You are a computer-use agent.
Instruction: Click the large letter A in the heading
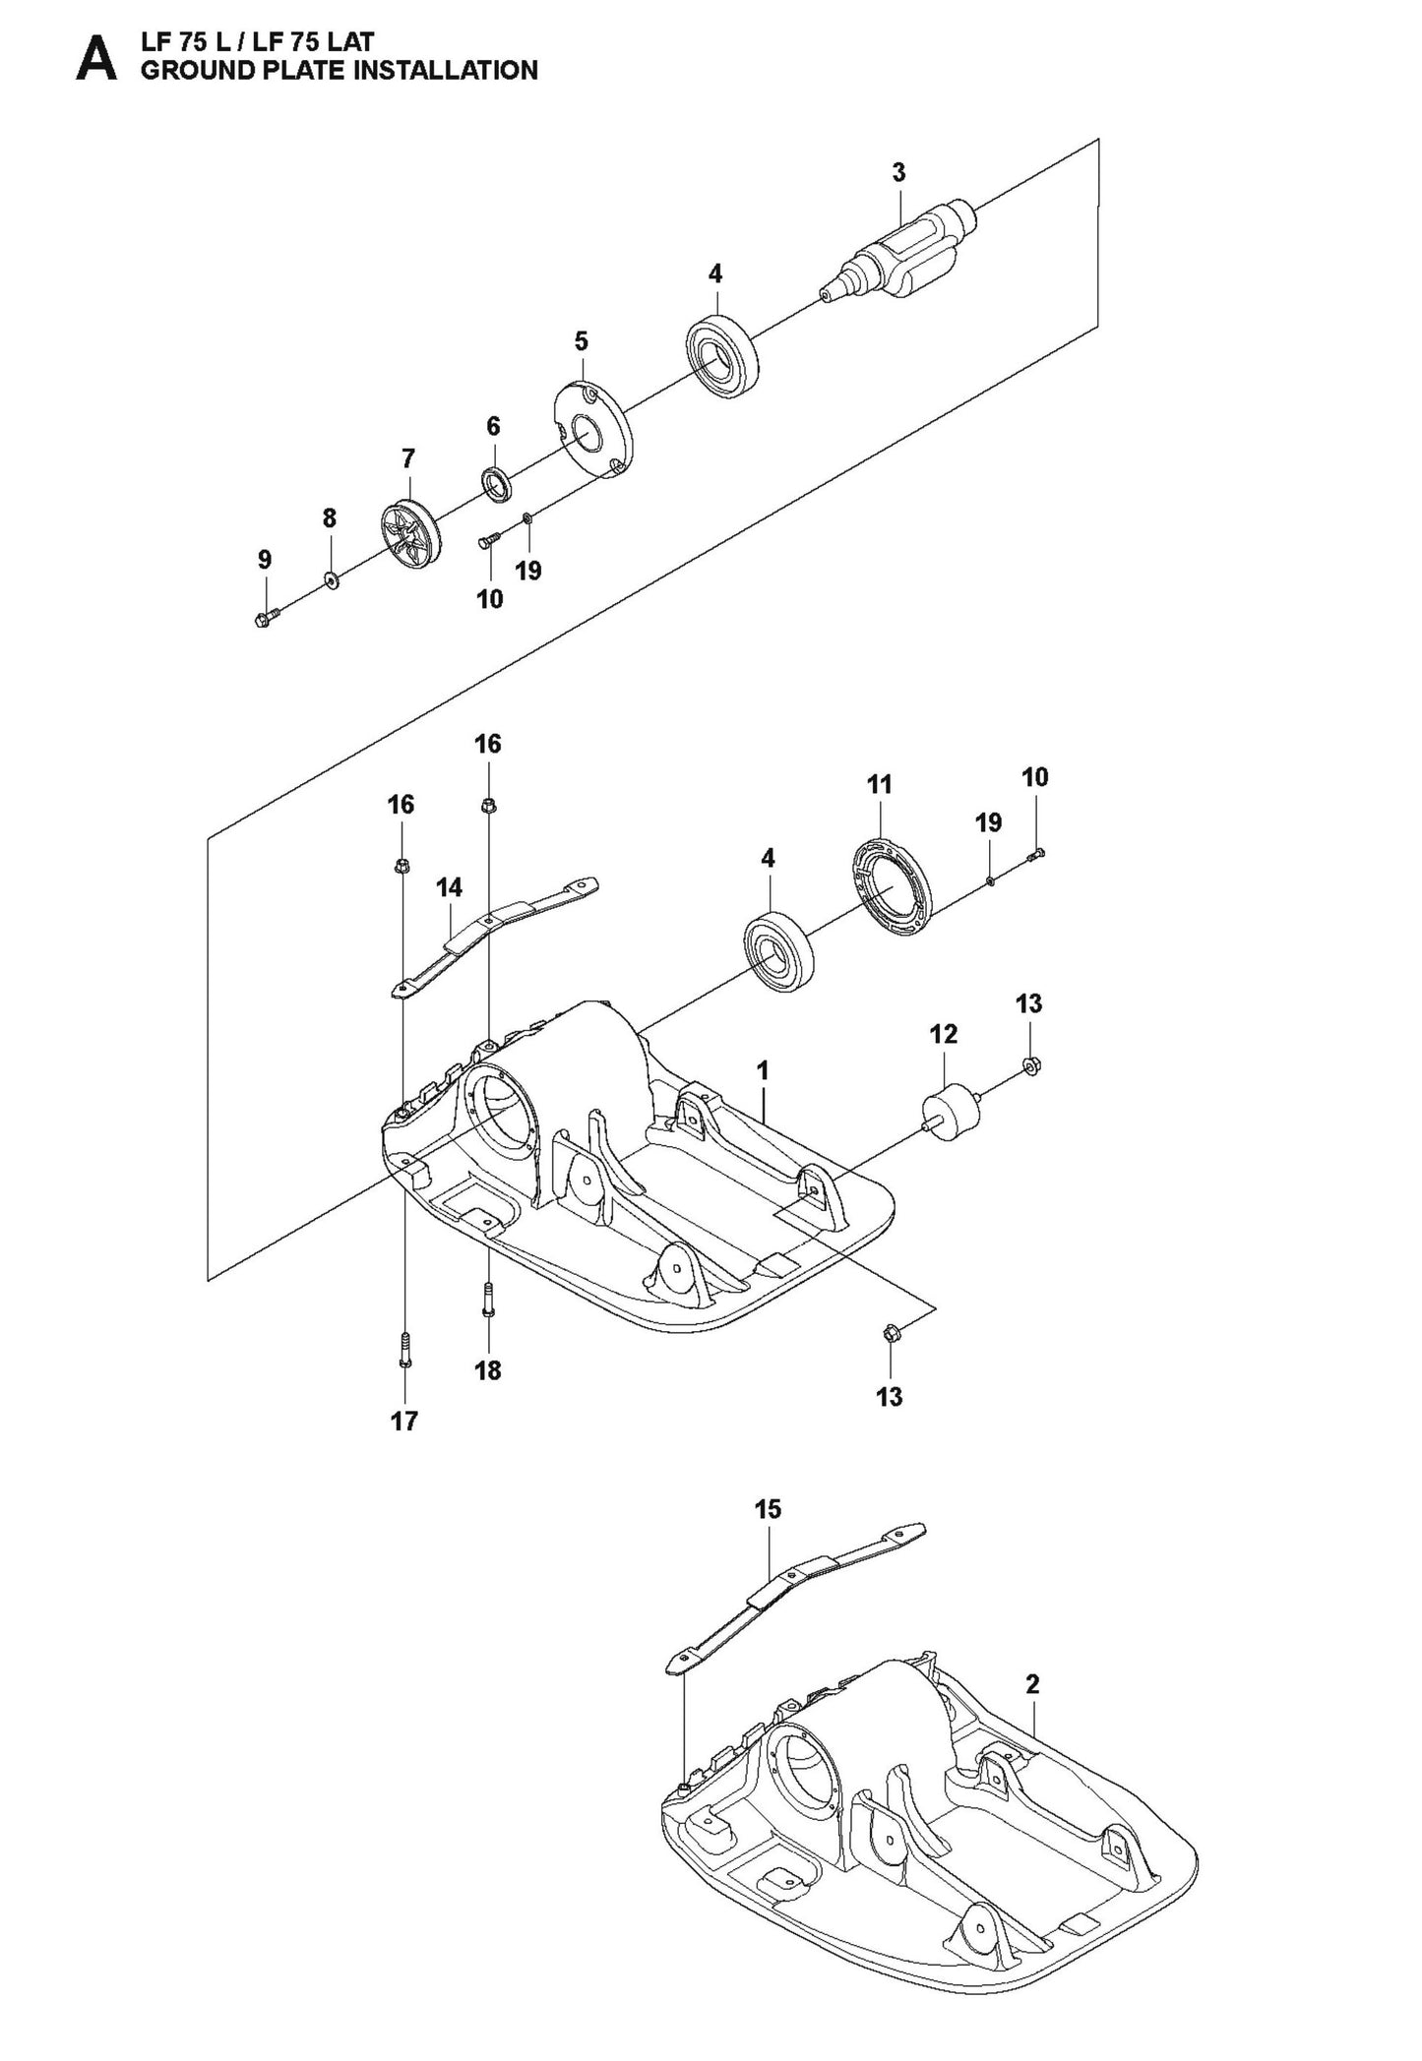[x=96, y=58]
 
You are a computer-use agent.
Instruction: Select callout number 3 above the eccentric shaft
[x=898, y=173]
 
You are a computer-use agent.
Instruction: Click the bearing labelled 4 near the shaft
[x=723, y=354]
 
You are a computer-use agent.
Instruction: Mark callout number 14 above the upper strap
[x=450, y=887]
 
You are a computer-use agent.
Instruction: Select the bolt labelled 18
[x=488, y=1299]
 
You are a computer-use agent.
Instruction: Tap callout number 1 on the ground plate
[x=763, y=1069]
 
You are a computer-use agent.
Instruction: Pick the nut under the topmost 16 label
[x=488, y=807]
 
